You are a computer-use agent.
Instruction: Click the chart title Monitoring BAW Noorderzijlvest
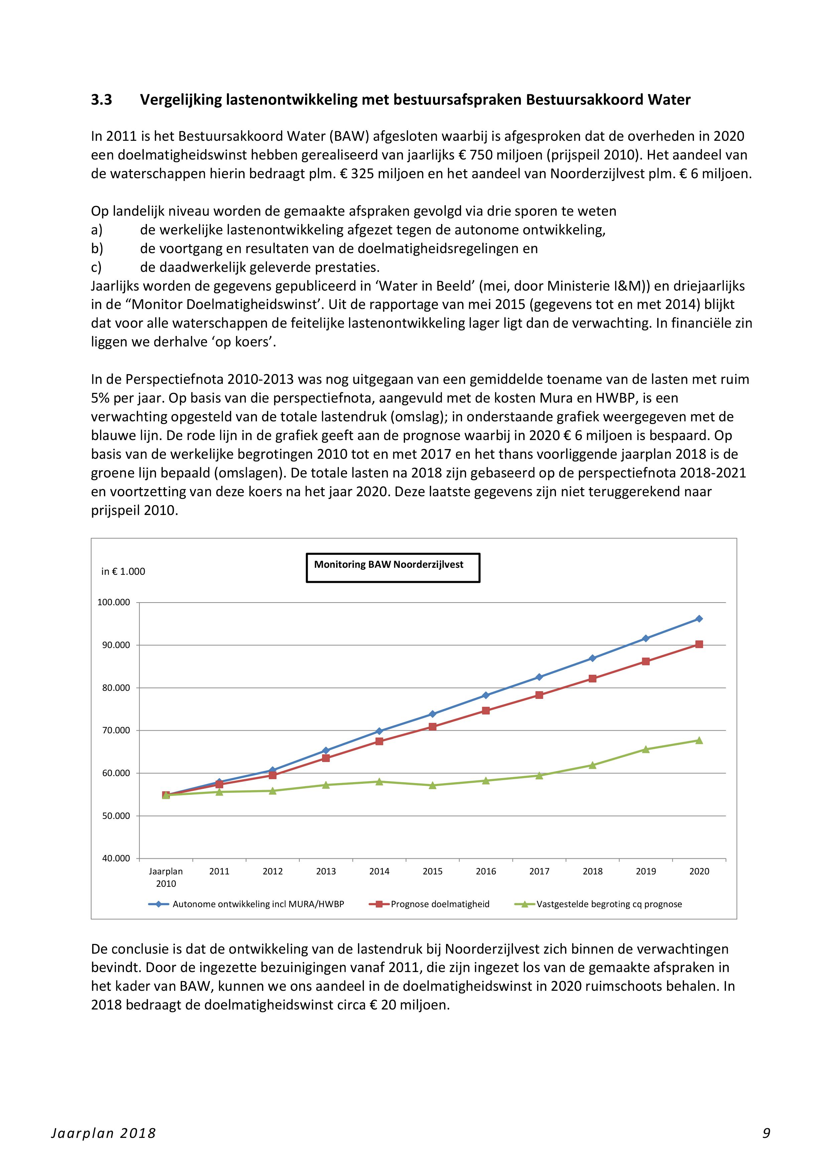pos(389,564)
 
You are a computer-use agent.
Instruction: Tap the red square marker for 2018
pos(593,678)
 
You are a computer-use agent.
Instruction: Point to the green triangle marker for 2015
pos(432,785)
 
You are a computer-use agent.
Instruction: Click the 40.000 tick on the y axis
pos(116,858)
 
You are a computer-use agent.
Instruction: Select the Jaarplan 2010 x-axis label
pos(166,877)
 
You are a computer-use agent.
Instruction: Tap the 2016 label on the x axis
pos(486,872)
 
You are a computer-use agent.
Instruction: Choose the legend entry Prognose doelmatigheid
pos(440,904)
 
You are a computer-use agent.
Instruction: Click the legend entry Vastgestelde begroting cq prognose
pos(609,904)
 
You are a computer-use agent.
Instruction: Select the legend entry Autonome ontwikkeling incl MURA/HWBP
pos(258,904)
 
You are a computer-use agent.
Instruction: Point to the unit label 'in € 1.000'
pos(123,572)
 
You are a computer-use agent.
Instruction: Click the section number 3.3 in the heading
pos(102,100)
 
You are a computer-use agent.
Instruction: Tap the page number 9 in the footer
pos(766,1133)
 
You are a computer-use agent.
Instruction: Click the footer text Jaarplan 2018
pos(104,1133)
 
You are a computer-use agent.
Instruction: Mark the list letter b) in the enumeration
pos(97,249)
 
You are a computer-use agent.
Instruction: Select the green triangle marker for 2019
pos(646,749)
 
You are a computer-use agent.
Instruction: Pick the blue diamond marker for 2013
pos(326,750)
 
